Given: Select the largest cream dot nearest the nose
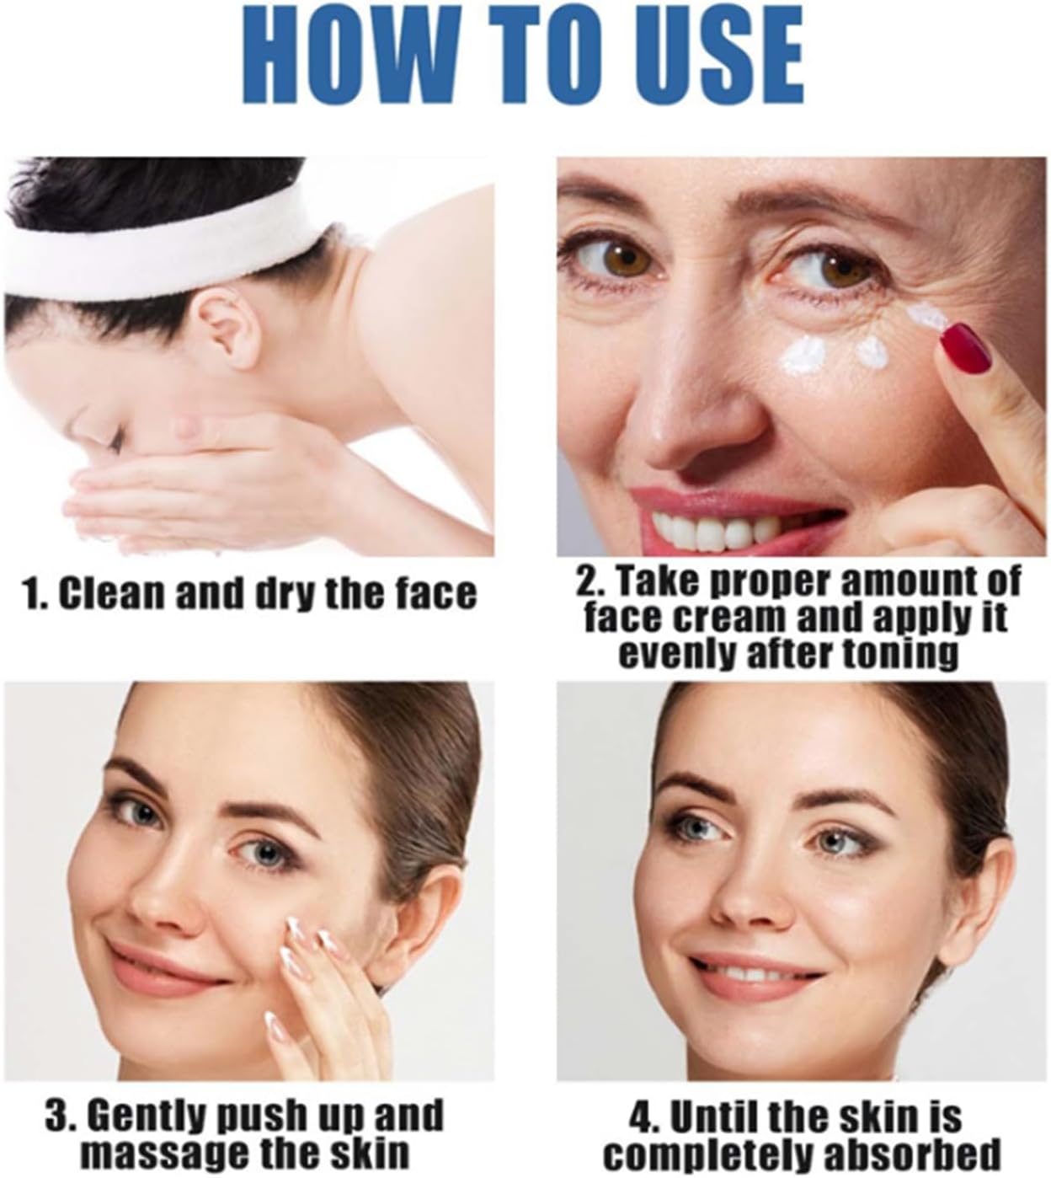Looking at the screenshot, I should pyautogui.click(x=805, y=354).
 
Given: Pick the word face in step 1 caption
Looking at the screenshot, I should pyautogui.click(x=434, y=593).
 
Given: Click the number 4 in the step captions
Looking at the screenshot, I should pyautogui.click(x=640, y=1119).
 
